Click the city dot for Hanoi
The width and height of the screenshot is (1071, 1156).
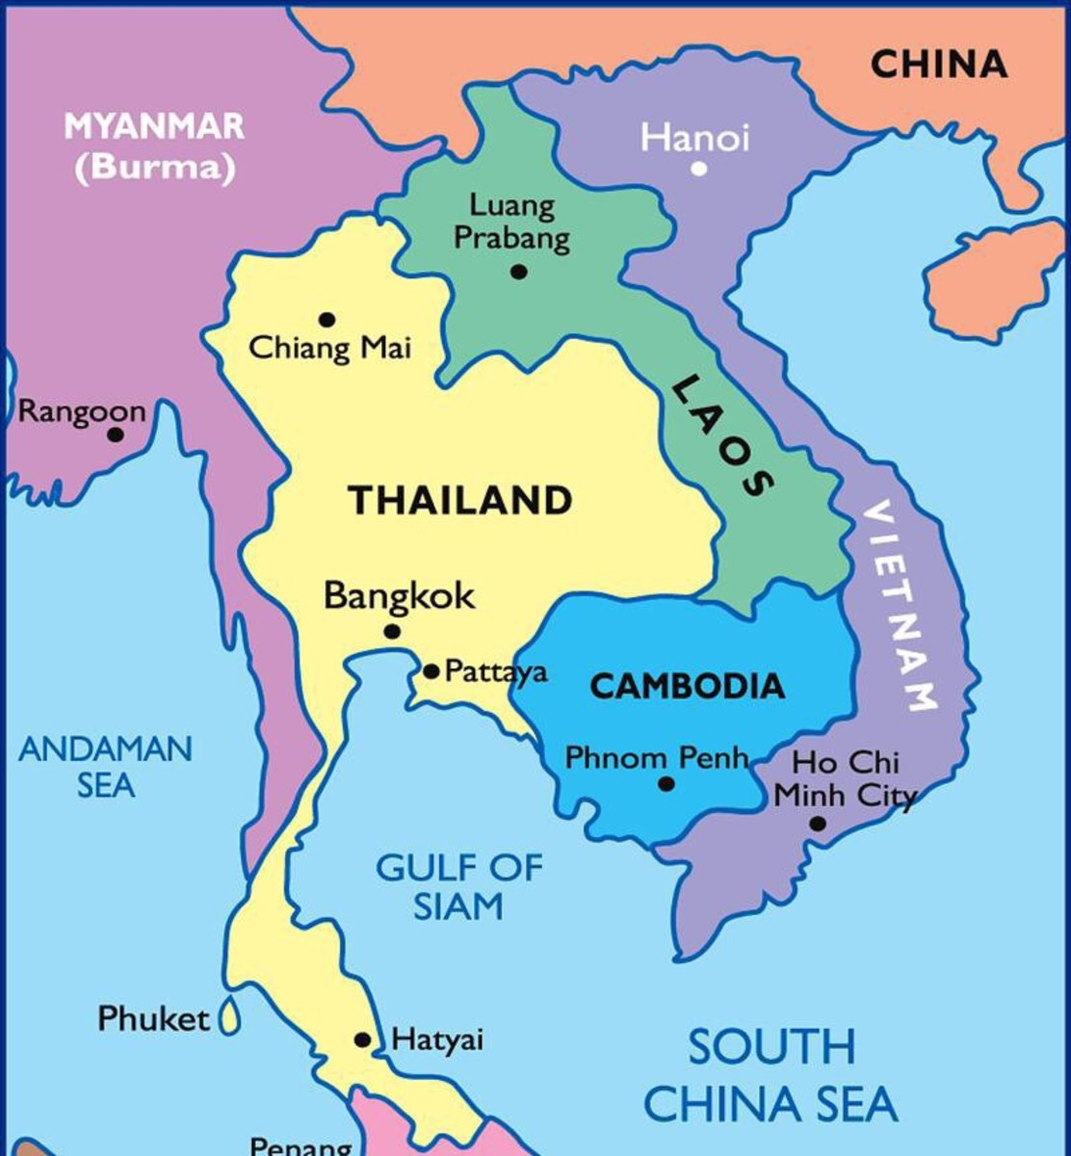pyautogui.click(x=699, y=169)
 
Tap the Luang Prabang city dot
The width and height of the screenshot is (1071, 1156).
pyautogui.click(x=518, y=272)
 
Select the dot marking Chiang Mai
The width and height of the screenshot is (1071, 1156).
pyautogui.click(x=327, y=320)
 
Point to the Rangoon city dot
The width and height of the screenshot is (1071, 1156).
pyautogui.click(x=116, y=434)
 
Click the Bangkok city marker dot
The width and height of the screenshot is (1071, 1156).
pyautogui.click(x=392, y=632)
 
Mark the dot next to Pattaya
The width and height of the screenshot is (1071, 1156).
pyautogui.click(x=431, y=670)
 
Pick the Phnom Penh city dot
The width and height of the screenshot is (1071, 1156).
pyautogui.click(x=666, y=784)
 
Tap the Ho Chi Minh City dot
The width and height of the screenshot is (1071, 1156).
pyautogui.click(x=817, y=824)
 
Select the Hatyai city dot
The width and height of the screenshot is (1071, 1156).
pyautogui.click(x=362, y=1040)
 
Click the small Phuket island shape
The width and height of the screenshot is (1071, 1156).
pyautogui.click(x=229, y=1017)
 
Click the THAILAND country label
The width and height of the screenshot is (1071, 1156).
pyautogui.click(x=459, y=501)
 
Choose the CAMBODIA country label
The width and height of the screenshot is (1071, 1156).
pyautogui.click(x=687, y=687)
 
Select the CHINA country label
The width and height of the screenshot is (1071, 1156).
pyautogui.click(x=938, y=65)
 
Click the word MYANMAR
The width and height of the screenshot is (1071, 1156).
pyautogui.click(x=154, y=126)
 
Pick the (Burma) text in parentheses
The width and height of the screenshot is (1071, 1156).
pyautogui.click(x=154, y=169)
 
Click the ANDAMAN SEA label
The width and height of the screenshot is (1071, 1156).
pyautogui.click(x=106, y=767)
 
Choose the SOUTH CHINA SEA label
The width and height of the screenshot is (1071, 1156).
pyautogui.click(x=771, y=1075)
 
